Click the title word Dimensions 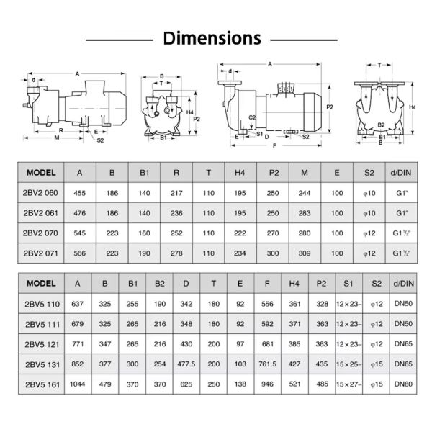[212, 37]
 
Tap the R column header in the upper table [176, 173]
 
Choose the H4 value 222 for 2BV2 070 [240, 233]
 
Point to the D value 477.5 [186, 365]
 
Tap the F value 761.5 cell [266, 365]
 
